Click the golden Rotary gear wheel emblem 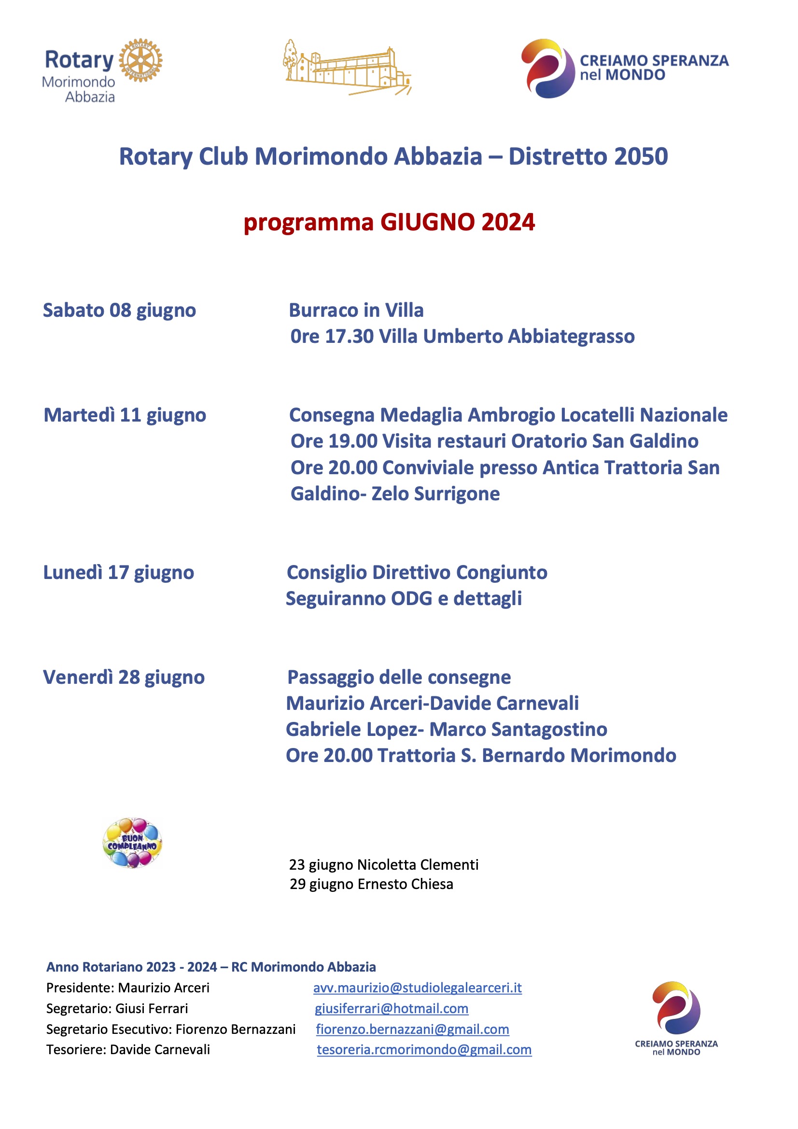point(140,60)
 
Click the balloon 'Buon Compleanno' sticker point(132,842)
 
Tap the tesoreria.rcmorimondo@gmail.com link point(424,1049)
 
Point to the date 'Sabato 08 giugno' point(119,310)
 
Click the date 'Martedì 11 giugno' point(125,415)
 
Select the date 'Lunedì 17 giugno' point(118,572)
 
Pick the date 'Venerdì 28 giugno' point(124,677)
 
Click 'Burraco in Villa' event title point(356,310)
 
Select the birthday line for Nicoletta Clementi point(383,864)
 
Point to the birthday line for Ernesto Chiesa point(371,884)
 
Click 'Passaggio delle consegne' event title point(399,677)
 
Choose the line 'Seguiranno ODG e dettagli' point(404,598)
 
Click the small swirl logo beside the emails point(676,1008)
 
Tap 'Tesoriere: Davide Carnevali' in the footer point(128,1049)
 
